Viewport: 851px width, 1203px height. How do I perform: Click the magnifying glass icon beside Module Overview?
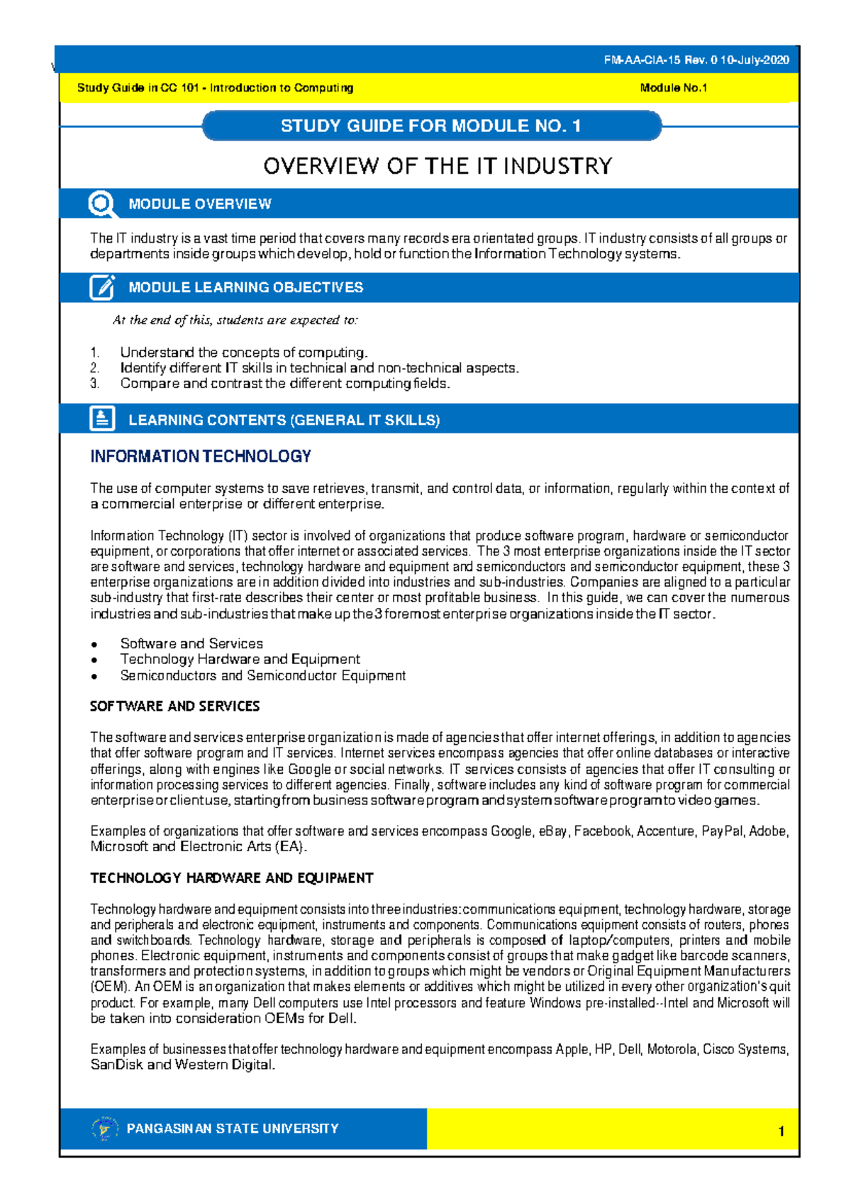[x=102, y=204]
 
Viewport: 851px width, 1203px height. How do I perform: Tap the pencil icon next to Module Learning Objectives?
[x=102, y=287]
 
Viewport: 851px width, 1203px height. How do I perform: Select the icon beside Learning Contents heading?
[x=102, y=419]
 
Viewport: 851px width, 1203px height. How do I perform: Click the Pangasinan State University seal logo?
[x=105, y=1129]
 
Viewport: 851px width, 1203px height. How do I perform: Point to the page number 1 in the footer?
[x=781, y=1131]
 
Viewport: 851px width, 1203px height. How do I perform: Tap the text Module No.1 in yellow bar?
[x=673, y=88]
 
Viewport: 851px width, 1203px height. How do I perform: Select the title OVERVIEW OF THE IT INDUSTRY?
[x=438, y=166]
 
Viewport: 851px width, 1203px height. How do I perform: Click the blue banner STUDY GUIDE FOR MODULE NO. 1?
[x=430, y=126]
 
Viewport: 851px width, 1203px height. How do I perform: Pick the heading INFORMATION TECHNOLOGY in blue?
[x=201, y=456]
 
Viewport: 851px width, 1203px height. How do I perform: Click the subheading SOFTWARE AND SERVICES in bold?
[x=174, y=706]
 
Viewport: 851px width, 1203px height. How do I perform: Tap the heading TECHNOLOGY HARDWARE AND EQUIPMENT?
[x=231, y=878]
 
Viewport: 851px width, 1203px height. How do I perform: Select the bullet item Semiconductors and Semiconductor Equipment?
[x=262, y=676]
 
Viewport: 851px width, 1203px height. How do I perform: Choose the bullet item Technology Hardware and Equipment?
[x=240, y=660]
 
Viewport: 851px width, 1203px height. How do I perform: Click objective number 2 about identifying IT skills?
[x=319, y=368]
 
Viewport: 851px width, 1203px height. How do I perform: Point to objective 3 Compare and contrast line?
[x=284, y=384]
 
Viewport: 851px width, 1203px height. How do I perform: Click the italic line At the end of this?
[x=235, y=320]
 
